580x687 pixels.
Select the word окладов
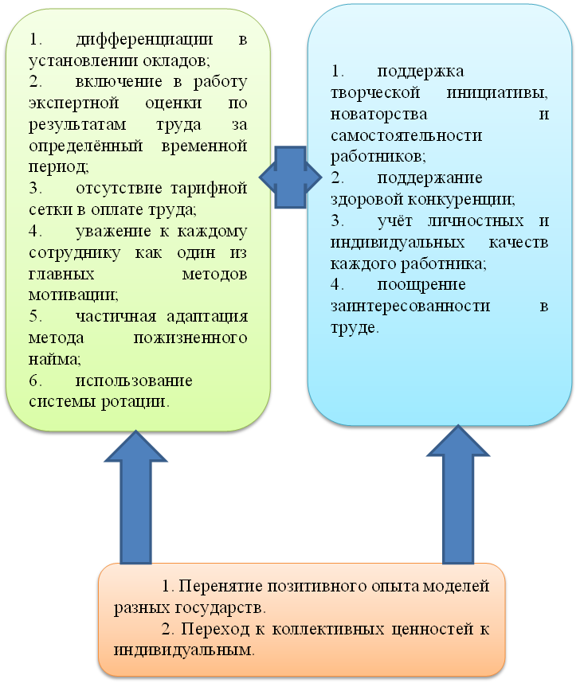pos(182,60)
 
